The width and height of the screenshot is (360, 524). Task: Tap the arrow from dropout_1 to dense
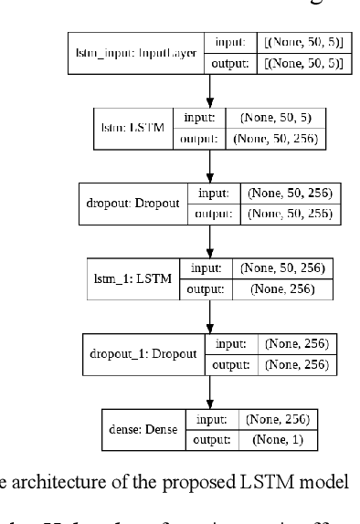click(212, 391)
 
